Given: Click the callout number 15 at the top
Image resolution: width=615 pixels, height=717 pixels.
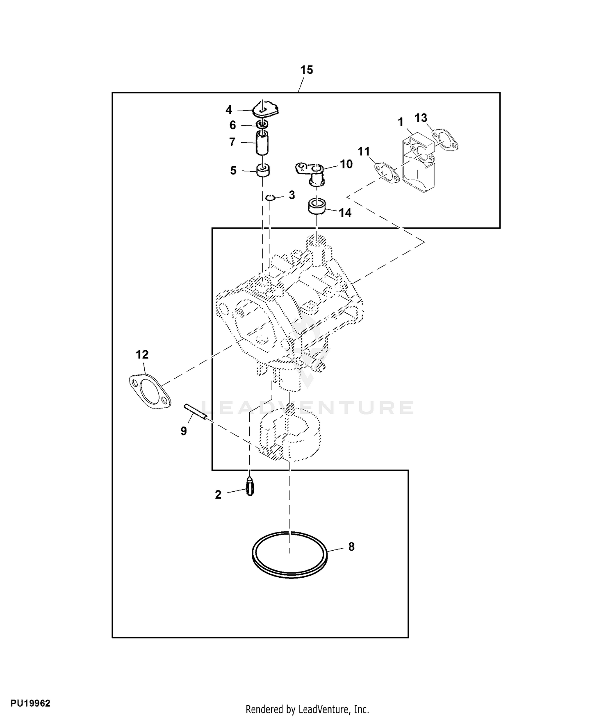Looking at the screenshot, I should (306, 70).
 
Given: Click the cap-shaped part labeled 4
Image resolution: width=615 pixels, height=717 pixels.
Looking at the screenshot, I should (265, 109).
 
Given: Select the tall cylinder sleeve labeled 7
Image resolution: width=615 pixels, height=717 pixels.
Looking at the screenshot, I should (263, 143).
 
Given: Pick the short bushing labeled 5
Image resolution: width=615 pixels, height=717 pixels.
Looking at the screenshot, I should (263, 170).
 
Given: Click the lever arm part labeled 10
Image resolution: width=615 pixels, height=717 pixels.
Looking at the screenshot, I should (311, 171).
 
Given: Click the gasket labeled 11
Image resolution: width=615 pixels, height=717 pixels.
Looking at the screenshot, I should (387, 172).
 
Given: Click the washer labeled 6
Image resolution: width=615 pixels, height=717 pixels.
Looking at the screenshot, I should (263, 125).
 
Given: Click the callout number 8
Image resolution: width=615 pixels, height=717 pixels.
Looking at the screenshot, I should (351, 547).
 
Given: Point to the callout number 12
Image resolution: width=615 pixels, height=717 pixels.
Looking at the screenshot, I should (142, 354).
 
